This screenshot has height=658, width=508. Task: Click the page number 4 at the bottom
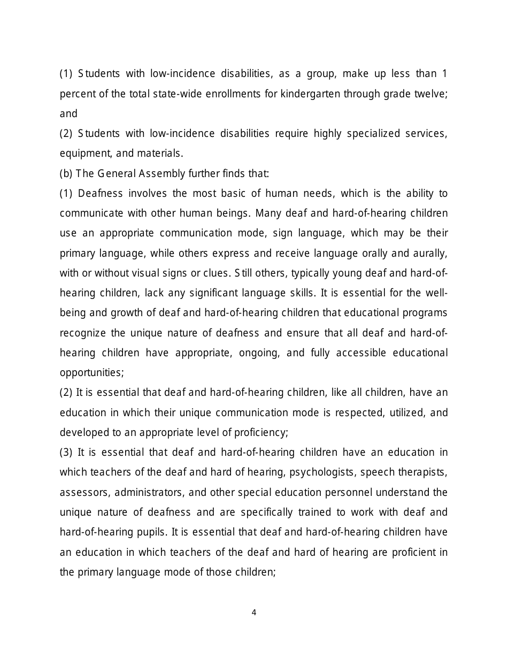[x=254, y=613]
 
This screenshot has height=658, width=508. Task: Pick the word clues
[x=216, y=273]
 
